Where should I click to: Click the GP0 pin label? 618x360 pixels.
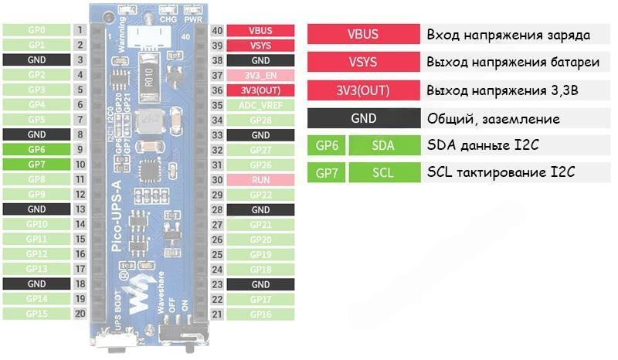tap(36, 30)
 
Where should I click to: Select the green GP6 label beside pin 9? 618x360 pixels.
tap(36, 149)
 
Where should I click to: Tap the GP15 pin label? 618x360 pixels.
tap(36, 314)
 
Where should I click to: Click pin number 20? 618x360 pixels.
tap(80, 314)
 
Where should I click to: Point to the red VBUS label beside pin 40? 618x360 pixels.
tap(260, 30)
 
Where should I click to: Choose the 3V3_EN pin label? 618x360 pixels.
tap(260, 76)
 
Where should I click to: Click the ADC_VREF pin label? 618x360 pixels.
tap(260, 105)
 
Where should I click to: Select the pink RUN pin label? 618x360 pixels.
tap(260, 179)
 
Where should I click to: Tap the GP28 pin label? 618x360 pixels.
tap(260, 120)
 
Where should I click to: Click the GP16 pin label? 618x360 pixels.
tap(260, 314)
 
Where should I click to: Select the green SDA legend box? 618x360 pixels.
tap(382, 144)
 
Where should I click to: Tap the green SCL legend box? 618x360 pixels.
tap(382, 172)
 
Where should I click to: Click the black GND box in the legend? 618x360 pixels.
tap(363, 118)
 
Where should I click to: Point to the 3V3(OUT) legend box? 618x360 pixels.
tap(363, 90)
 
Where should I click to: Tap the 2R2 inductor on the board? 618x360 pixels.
tap(147, 121)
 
